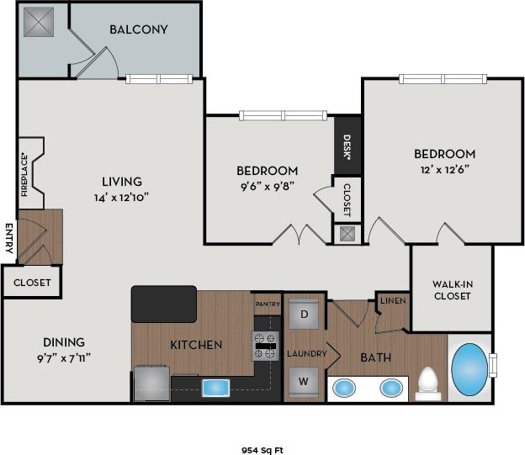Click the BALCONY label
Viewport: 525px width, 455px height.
tap(139, 29)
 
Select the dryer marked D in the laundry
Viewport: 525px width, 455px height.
tap(304, 315)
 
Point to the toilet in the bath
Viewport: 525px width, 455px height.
tap(429, 383)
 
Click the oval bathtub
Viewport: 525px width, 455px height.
tap(469, 368)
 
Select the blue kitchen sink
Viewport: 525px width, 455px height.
tap(216, 387)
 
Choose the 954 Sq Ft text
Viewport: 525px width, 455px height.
tap(262, 450)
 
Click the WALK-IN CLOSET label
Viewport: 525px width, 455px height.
tap(451, 289)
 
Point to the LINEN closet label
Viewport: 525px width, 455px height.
tap(392, 301)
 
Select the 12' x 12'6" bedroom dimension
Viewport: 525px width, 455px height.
tap(444, 169)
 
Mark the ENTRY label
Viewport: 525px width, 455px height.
tap(8, 238)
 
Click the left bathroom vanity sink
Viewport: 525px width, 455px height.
tap(343, 388)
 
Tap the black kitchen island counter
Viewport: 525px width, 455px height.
tap(163, 303)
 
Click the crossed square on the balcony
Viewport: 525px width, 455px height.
tap(39, 22)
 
